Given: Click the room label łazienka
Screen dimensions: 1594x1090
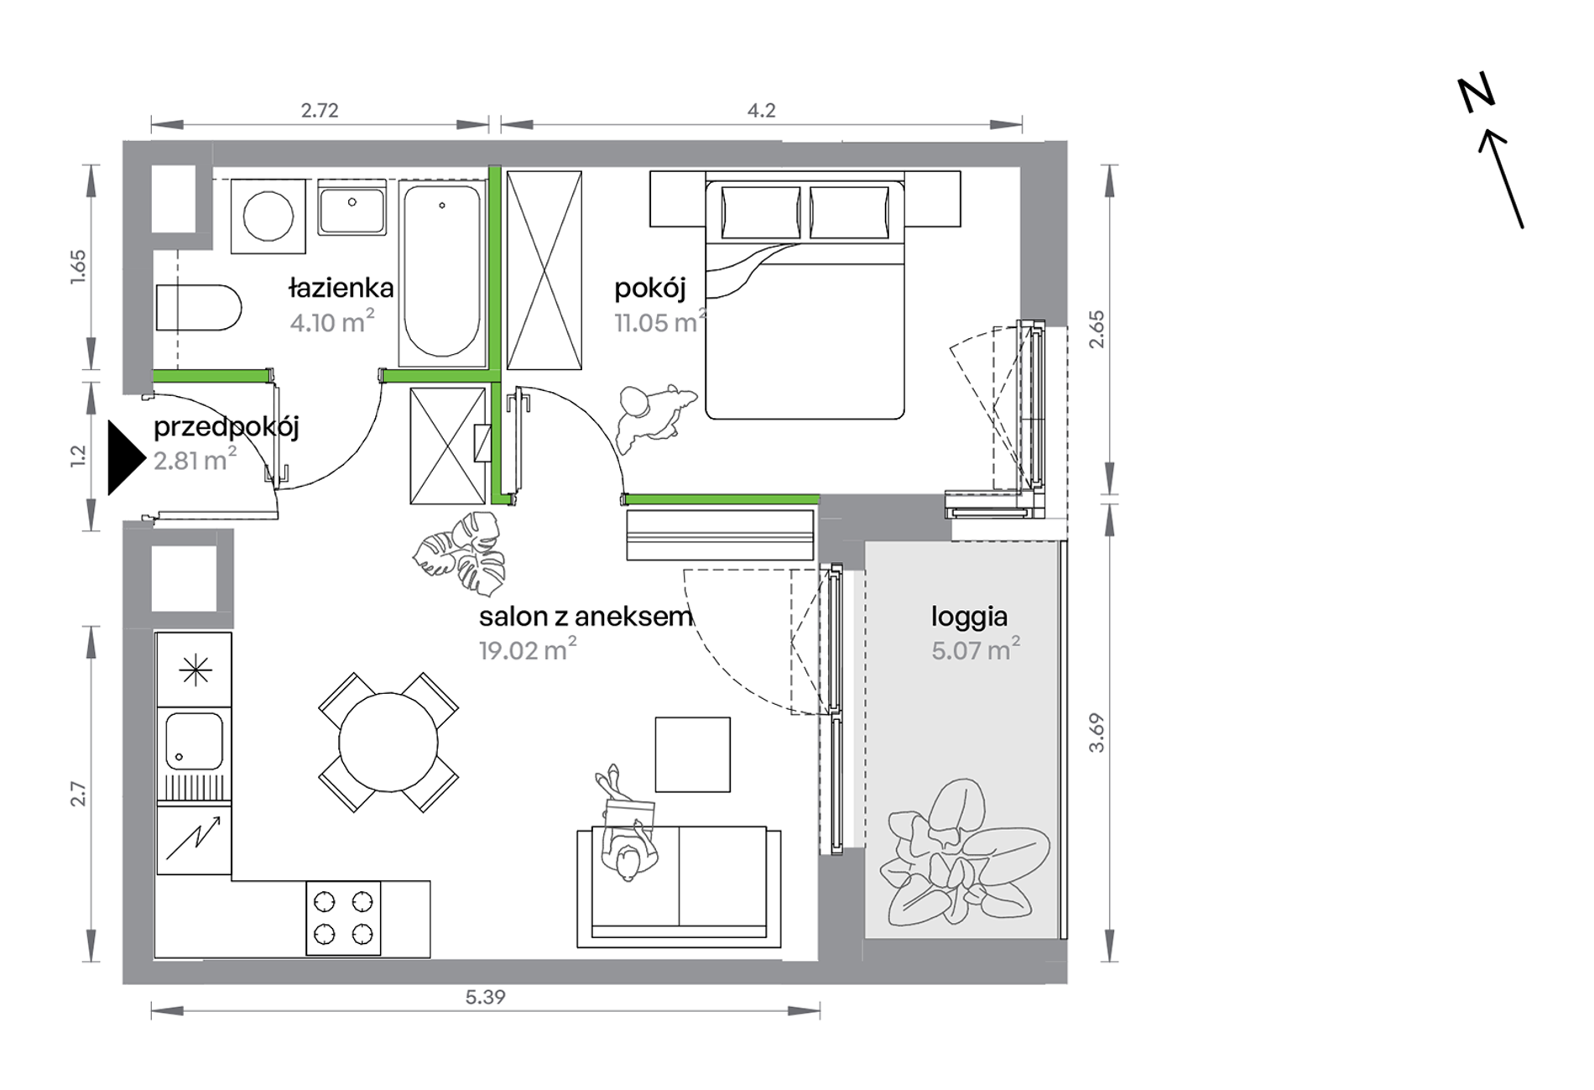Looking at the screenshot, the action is pyautogui.click(x=341, y=288).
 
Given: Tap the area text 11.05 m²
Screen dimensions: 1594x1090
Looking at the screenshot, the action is pyautogui.click(x=660, y=321).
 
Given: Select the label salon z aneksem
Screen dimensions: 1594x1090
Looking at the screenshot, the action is pyautogui.click(x=586, y=617).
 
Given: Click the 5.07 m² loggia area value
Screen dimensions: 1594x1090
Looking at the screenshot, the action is pyautogui.click(x=976, y=649).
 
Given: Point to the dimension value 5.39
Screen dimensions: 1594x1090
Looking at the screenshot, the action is pyautogui.click(x=486, y=997).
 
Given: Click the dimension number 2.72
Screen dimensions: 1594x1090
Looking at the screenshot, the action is pyautogui.click(x=320, y=110).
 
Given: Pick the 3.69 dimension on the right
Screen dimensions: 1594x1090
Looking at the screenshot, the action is pyautogui.click(x=1097, y=733).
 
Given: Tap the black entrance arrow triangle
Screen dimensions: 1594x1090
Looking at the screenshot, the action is pyautogui.click(x=126, y=458).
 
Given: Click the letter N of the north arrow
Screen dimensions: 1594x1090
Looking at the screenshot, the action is pyautogui.click(x=1476, y=93).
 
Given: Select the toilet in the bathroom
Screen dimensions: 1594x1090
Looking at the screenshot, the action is pyautogui.click(x=199, y=308).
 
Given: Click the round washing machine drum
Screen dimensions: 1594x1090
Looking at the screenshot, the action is pyautogui.click(x=268, y=216).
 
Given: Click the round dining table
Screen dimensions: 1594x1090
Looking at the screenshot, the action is pyautogui.click(x=388, y=742).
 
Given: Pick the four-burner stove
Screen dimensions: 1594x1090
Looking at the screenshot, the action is pyautogui.click(x=343, y=918).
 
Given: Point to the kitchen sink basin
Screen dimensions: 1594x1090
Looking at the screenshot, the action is pyautogui.click(x=195, y=742).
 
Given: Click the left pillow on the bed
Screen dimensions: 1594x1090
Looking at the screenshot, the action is pyautogui.click(x=761, y=213).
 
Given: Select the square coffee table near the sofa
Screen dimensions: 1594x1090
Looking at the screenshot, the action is pyautogui.click(x=693, y=754).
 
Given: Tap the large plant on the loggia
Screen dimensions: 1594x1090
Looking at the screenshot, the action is pyautogui.click(x=963, y=854).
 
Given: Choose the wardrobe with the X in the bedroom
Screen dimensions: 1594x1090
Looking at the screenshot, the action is pyautogui.click(x=544, y=270).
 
